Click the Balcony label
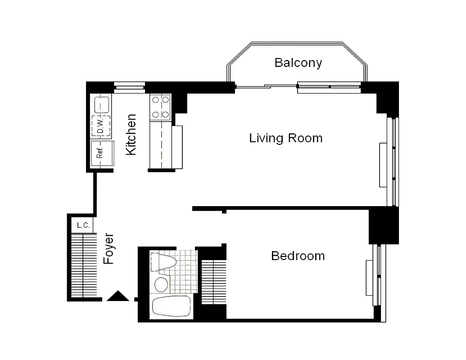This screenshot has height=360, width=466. (298, 63)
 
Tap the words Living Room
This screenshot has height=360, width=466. (286, 138)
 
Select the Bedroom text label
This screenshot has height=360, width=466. (298, 256)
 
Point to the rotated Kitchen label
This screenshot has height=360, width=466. (131, 135)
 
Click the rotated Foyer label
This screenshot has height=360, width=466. (109, 248)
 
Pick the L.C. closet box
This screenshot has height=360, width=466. (82, 225)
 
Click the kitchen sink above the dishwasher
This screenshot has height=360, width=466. (101, 105)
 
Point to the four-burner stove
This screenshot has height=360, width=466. (161, 107)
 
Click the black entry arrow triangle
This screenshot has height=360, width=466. (118, 296)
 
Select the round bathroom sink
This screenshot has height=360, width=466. (161, 284)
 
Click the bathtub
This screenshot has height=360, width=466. (172, 307)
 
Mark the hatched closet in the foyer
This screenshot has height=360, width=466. (84, 265)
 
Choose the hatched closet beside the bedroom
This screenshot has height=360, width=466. (213, 282)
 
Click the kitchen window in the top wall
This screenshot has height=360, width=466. (129, 87)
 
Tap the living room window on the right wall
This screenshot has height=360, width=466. (394, 162)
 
